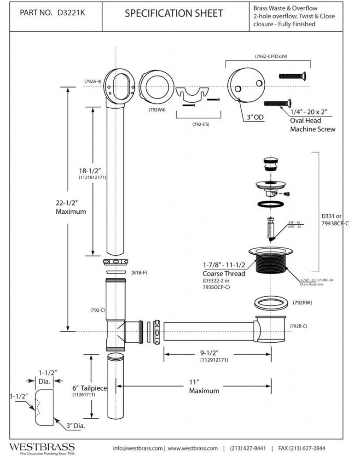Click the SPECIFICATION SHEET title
[174, 13]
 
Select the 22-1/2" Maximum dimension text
[71, 207]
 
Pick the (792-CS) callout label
[200, 124]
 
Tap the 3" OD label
[255, 117]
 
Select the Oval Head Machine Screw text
[313, 125]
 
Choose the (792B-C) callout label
[299, 326]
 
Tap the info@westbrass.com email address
[138, 448]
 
